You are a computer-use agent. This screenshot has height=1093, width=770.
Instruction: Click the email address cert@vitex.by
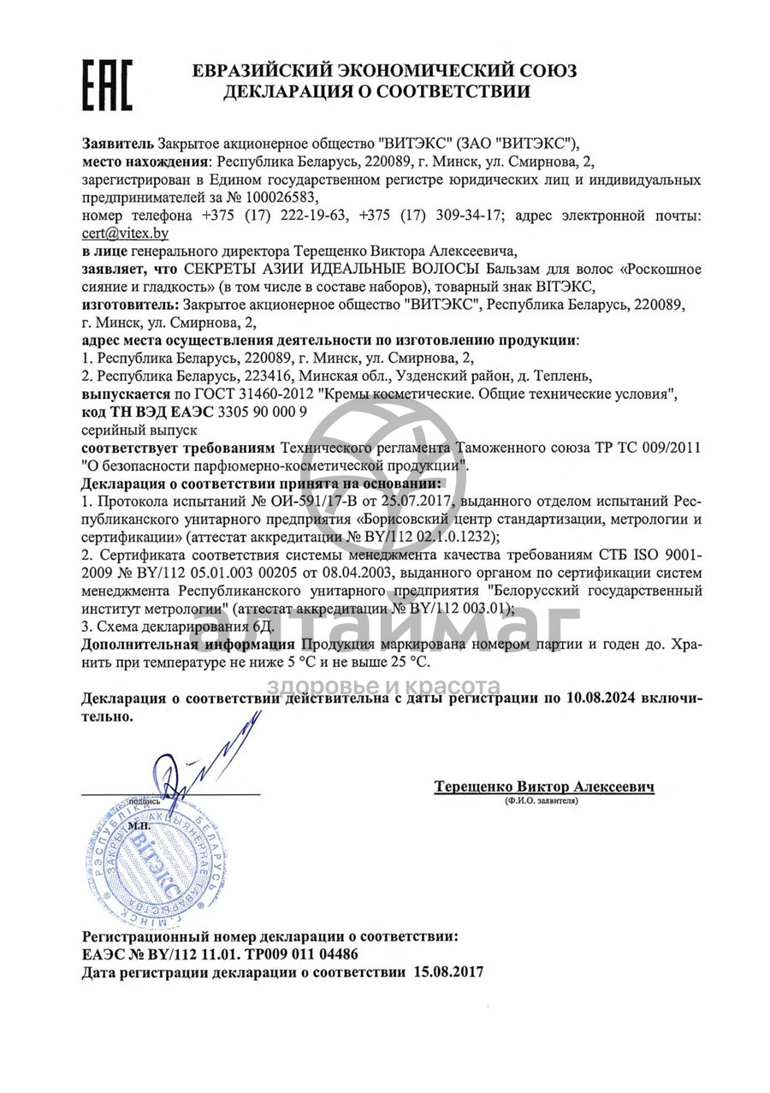[x=125, y=232]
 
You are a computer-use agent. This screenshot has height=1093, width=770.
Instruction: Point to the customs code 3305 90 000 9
[x=263, y=411]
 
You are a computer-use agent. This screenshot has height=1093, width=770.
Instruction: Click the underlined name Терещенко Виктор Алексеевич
[x=543, y=786]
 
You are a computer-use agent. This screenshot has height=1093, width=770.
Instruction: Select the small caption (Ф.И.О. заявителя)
[x=542, y=801]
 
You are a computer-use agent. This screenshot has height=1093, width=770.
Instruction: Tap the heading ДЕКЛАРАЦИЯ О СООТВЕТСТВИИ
[x=376, y=92]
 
